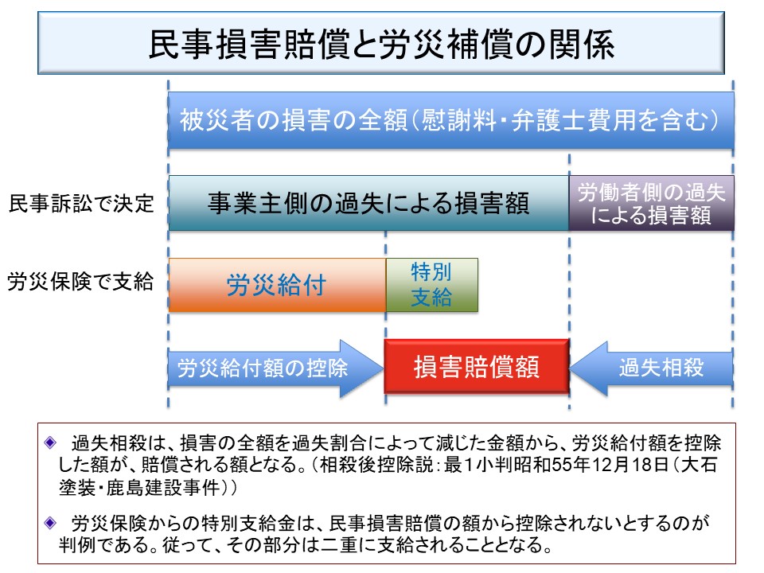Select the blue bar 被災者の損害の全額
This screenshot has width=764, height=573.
[x=450, y=121]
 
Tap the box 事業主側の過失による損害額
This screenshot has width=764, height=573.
[x=368, y=203]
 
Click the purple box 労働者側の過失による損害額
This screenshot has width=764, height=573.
[x=651, y=203]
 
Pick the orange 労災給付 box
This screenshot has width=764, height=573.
[x=276, y=285]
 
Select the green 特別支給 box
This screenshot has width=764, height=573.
[x=431, y=285]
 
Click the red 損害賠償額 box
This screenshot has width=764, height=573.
[x=476, y=368]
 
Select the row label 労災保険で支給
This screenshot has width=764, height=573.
[x=80, y=282]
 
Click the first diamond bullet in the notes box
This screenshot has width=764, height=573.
[x=52, y=441]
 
